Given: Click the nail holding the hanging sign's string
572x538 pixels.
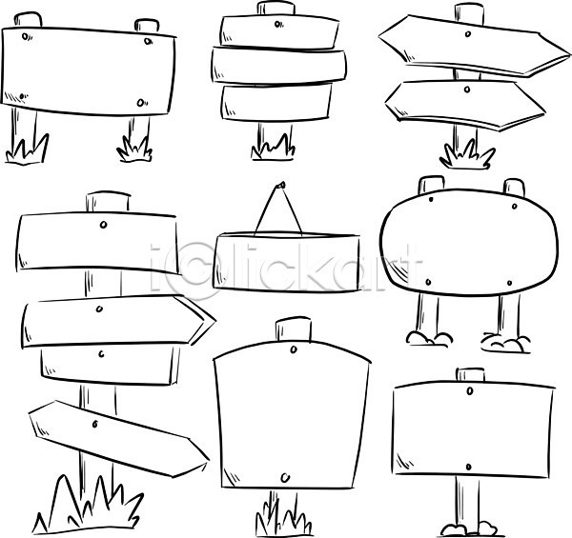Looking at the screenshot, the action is coord(280,185).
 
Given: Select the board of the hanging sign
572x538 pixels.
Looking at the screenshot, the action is coord(286,262).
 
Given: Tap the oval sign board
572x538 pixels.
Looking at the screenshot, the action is coord(469,242).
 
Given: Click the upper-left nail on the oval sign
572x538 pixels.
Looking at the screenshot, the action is coord(431,199).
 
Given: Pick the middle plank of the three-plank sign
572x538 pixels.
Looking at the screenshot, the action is coord(279,66).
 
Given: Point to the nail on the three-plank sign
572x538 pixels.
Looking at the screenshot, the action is coord(278,25).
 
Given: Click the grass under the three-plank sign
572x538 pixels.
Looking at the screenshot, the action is coord(273,148).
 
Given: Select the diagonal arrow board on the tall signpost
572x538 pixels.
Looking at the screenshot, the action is coord(118,439).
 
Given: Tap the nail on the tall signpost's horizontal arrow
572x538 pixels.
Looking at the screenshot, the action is coord(99,309).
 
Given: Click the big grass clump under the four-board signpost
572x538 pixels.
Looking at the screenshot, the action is coord(88,505).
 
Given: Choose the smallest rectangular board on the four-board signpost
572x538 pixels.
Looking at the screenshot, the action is coord(110,366).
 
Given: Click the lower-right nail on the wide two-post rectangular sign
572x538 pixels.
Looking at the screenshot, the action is coord(141,103).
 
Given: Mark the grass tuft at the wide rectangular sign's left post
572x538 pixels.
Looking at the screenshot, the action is coord(28,149).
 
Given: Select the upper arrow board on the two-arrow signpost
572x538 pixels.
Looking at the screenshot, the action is coord(474,46).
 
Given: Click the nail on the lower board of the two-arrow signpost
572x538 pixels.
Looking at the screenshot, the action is coord(467,89).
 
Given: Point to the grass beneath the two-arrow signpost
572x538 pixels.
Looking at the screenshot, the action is coord(467,155).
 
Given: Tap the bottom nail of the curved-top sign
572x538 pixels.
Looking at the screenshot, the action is coord(285,477).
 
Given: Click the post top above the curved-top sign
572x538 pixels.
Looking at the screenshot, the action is coord(294,329).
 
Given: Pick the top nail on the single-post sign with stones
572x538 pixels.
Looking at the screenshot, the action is coord(470,391).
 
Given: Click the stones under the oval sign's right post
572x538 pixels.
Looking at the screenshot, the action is coord(505,343).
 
